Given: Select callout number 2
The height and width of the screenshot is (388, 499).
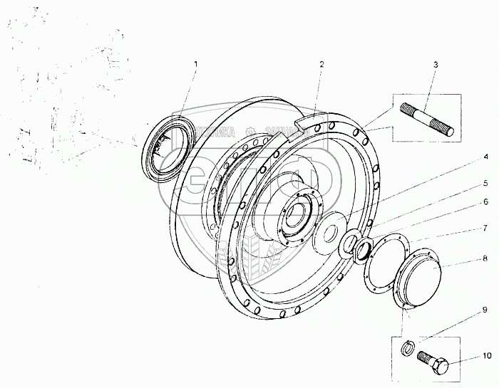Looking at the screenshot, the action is (321, 64).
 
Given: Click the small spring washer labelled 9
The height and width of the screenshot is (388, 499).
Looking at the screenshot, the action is (407, 347).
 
